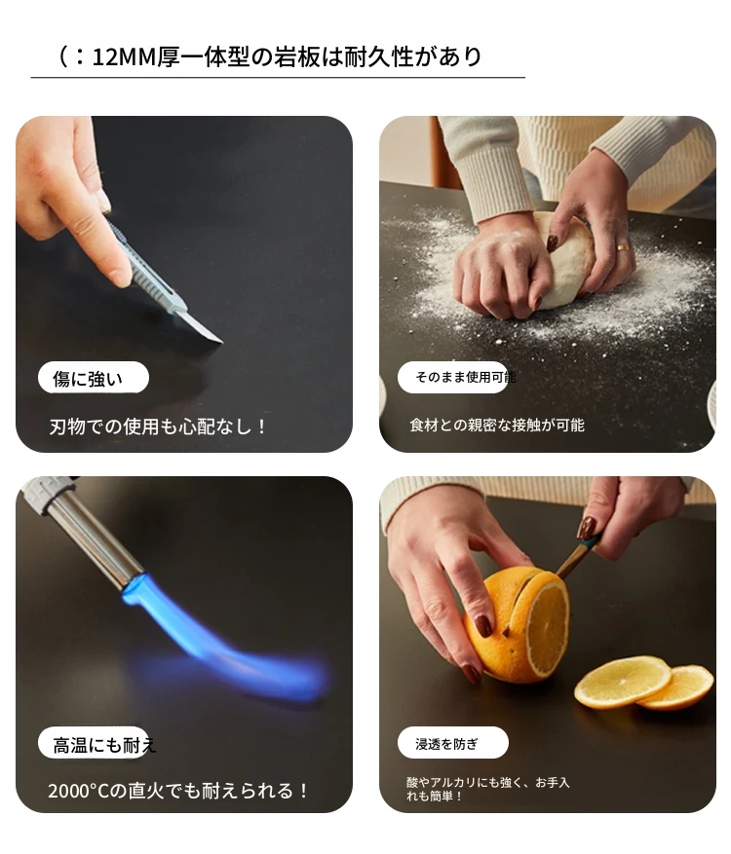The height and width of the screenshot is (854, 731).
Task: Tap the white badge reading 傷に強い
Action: [x=94, y=378]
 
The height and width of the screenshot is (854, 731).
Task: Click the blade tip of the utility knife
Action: [x=222, y=342]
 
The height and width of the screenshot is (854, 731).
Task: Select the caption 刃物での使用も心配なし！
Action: [x=158, y=426]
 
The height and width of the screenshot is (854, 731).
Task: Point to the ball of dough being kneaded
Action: [x=567, y=261]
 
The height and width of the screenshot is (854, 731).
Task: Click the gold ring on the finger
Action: [x=623, y=247]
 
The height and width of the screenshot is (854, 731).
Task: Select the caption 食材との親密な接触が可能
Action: [x=497, y=425]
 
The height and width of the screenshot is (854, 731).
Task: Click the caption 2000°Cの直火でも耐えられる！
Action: [x=178, y=791]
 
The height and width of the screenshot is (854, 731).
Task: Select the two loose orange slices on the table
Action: [x=644, y=683]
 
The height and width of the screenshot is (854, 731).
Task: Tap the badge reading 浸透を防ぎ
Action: [x=453, y=743]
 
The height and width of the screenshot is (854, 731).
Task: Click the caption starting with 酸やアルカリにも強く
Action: [x=488, y=789]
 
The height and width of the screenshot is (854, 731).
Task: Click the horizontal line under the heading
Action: [x=278, y=78]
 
